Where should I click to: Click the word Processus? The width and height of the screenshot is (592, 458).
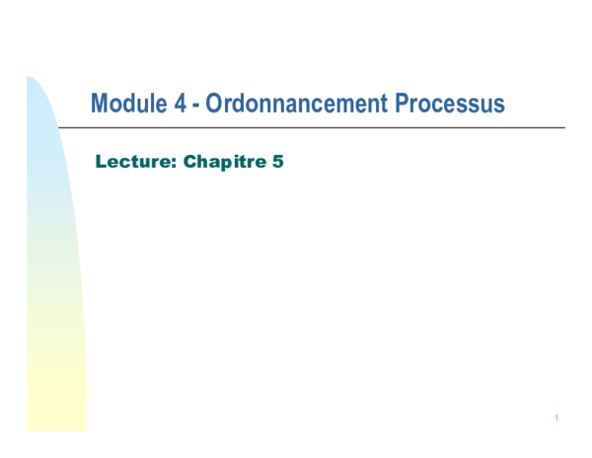pos(453,104)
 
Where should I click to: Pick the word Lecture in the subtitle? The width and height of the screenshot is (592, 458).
pos(130,160)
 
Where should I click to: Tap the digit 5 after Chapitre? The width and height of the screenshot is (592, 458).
pos(278,160)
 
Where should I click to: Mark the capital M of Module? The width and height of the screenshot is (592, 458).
pos(99,104)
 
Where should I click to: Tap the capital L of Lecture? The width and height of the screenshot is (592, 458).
pos(100,160)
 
